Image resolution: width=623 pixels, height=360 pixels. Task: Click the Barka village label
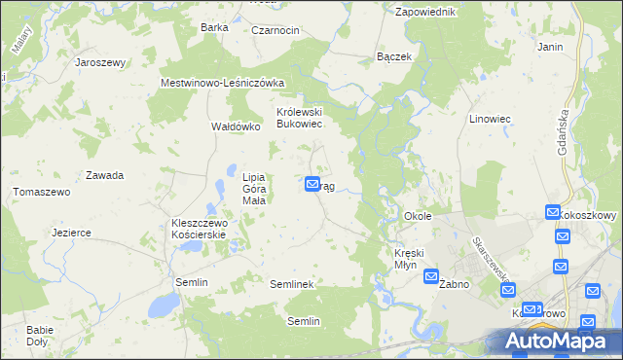click(x=213, y=27)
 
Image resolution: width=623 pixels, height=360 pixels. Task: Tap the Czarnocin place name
click(x=275, y=30)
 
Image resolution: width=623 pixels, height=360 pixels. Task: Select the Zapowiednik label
click(x=425, y=12)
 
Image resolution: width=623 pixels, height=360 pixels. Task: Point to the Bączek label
click(x=394, y=57)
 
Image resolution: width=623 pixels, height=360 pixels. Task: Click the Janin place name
click(x=550, y=46)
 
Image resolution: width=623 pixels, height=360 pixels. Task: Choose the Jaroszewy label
click(x=101, y=62)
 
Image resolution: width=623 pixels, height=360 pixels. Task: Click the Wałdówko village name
click(x=236, y=126)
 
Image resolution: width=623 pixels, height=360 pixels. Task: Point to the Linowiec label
click(x=490, y=119)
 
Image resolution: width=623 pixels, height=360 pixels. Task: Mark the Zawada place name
click(x=104, y=176)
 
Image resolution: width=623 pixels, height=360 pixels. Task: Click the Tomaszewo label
click(x=42, y=193)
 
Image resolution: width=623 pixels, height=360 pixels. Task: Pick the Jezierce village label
click(x=71, y=234)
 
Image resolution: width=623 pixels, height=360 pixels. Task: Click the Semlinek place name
click(x=290, y=283)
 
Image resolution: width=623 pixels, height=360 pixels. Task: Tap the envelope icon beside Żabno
click(x=431, y=277)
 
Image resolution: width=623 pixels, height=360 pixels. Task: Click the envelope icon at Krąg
click(x=312, y=183)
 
